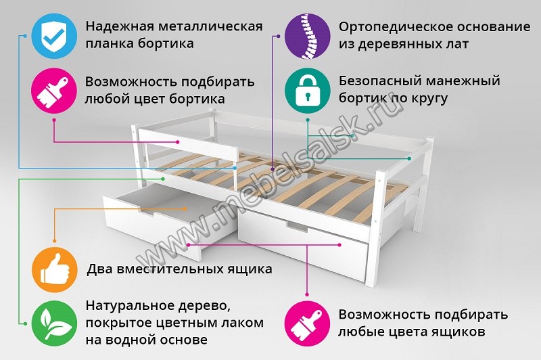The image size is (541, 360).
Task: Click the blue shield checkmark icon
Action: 54,36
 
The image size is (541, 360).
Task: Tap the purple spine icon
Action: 307,36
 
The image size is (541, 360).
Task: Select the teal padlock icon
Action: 307,90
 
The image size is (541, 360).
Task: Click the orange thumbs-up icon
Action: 55,269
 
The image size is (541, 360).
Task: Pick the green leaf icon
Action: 55,323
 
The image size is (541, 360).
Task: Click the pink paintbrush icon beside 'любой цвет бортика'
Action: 54,91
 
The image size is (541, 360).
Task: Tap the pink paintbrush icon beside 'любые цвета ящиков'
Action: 307,323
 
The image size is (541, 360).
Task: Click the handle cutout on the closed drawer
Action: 296,227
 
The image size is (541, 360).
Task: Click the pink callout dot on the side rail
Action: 178,142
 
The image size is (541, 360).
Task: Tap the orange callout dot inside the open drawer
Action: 185,208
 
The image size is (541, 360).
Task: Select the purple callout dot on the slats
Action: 273,169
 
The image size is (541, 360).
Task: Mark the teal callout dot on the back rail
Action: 409,158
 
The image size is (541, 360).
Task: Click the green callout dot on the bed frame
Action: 163,179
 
